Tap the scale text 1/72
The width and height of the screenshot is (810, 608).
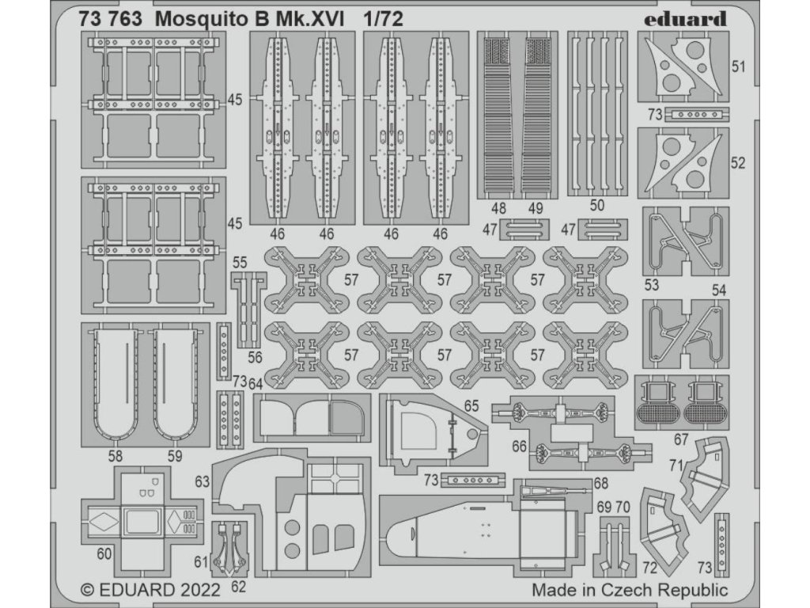[x=382, y=21]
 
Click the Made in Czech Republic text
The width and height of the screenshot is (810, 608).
[x=629, y=590]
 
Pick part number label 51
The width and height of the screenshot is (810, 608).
[x=739, y=67]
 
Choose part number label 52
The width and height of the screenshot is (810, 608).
[x=739, y=163]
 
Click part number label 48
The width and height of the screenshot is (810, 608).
[x=498, y=208]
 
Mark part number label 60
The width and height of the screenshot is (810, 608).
[x=104, y=554]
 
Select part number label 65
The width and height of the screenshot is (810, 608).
[x=472, y=405]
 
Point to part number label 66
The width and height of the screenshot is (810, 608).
[x=519, y=446]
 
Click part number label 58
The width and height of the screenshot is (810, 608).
[x=115, y=455]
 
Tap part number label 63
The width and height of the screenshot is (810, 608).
[x=202, y=481]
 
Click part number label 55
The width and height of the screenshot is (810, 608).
[x=240, y=261]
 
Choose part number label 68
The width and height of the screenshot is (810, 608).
[x=600, y=483]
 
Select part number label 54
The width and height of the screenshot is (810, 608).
[x=718, y=290]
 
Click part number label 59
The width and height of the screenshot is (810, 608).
[x=175, y=455]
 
